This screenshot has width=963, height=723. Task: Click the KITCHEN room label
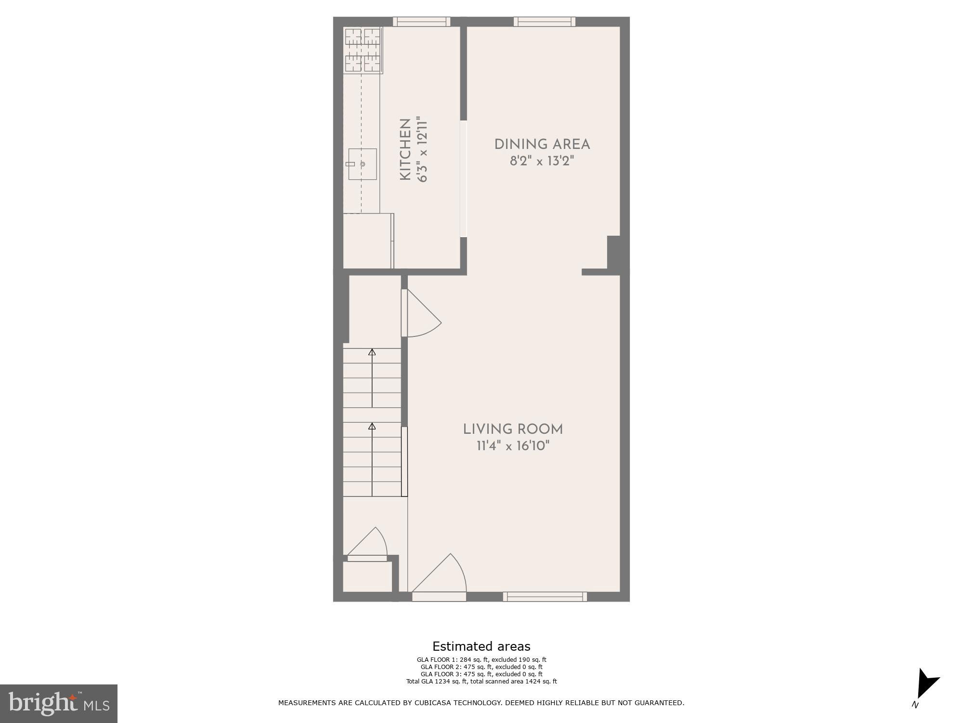(405, 150)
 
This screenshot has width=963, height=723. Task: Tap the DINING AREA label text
(542, 144)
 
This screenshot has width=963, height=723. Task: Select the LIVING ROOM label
(513, 429)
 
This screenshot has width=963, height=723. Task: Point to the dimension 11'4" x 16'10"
(513, 446)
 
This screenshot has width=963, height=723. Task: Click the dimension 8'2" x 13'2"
(542, 161)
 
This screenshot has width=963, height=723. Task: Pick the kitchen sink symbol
(362, 164)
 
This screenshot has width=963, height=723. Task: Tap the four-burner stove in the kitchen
(363, 50)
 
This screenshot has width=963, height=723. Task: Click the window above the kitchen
(421, 21)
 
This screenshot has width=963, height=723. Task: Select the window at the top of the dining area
(544, 21)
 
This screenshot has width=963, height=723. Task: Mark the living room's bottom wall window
(545, 597)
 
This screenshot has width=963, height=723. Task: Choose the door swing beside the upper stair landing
(424, 316)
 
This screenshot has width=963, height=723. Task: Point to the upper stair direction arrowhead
(372, 352)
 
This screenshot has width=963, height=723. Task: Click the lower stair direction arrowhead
(372, 427)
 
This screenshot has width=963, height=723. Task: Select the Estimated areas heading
(481, 646)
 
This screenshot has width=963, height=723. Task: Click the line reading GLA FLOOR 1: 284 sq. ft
(481, 660)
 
